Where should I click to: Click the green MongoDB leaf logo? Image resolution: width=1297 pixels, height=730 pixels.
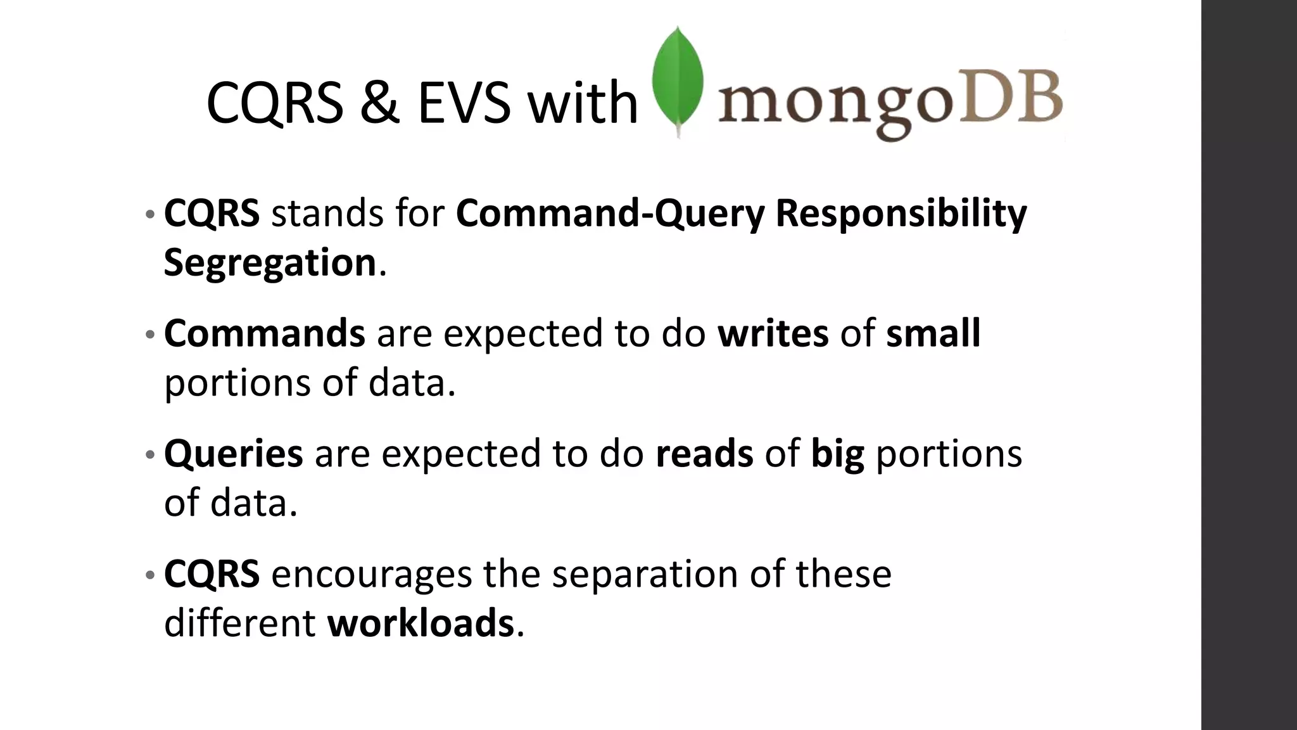pyautogui.click(x=678, y=79)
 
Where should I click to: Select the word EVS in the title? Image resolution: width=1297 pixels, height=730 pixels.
pyautogui.click(x=464, y=103)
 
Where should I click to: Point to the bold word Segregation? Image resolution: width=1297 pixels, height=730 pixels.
pyautogui.click(x=270, y=262)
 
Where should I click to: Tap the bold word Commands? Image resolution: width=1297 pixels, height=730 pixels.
pyautogui.click(x=264, y=333)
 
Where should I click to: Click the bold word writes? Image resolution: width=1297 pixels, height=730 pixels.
pyautogui.click(x=773, y=333)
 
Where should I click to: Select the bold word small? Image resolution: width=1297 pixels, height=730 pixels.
pyautogui.click(x=933, y=333)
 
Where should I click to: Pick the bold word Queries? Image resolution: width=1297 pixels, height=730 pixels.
pyautogui.click(x=233, y=454)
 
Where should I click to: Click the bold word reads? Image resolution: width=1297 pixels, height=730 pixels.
pyautogui.click(x=704, y=454)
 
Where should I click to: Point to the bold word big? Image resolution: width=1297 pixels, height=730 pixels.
pyautogui.click(x=837, y=455)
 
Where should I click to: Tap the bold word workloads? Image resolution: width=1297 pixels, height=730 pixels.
pyautogui.click(x=420, y=623)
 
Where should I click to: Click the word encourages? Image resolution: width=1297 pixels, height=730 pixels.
pyautogui.click(x=371, y=574)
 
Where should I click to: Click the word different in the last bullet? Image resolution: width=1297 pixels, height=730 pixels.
pyautogui.click(x=239, y=623)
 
